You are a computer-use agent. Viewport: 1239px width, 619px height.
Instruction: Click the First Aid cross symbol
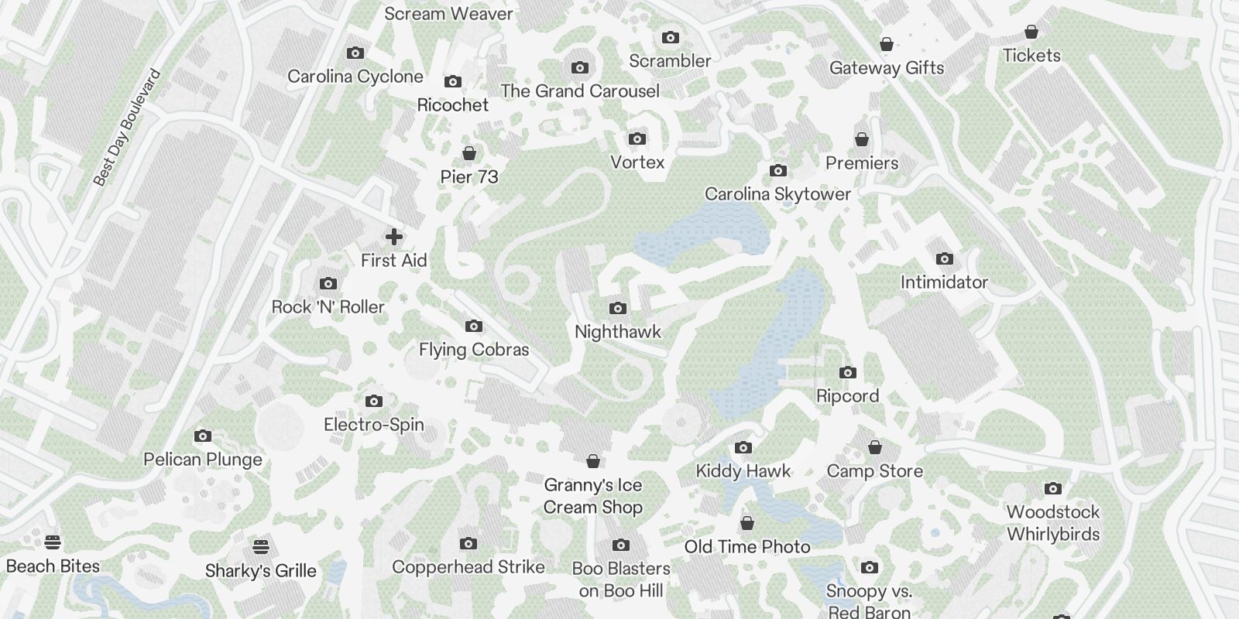(x=393, y=237)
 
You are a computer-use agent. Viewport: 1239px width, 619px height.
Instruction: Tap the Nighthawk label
(x=618, y=332)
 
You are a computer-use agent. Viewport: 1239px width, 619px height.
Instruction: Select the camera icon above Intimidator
(x=944, y=259)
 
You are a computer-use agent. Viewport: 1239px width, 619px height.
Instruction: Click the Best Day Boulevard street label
(x=127, y=128)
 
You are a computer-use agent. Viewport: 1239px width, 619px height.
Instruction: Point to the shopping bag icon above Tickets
(x=1031, y=32)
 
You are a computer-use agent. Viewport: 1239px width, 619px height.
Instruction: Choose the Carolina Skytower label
(x=777, y=194)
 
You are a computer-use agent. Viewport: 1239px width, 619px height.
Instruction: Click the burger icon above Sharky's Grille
(x=261, y=547)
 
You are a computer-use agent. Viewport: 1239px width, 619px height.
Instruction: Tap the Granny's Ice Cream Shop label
(x=593, y=496)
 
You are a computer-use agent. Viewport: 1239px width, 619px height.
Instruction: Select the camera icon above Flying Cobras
(x=474, y=327)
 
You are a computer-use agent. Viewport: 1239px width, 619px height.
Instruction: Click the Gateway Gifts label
(x=887, y=68)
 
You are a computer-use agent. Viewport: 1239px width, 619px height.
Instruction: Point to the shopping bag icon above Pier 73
(x=468, y=153)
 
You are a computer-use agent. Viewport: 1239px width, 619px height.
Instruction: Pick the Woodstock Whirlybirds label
(x=1053, y=523)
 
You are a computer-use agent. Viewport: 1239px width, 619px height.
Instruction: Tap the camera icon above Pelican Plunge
(x=203, y=436)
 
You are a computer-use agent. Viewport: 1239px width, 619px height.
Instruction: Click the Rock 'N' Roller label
(x=328, y=307)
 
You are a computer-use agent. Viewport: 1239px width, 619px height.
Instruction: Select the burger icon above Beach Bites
(x=53, y=542)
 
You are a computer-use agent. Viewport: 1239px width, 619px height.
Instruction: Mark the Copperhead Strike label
(x=468, y=567)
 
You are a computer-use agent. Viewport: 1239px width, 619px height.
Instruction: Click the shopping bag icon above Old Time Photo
(x=747, y=524)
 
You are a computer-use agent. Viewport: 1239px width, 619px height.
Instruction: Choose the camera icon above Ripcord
(x=848, y=373)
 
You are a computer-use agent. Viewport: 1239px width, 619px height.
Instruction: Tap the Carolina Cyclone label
(x=355, y=77)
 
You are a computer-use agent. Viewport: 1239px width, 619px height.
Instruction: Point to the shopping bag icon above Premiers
(x=862, y=139)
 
